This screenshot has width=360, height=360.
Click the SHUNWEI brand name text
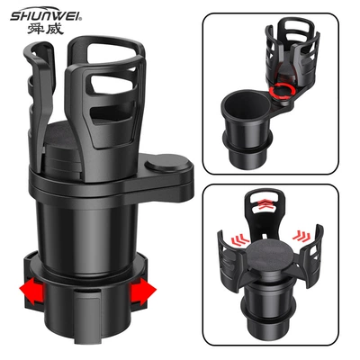46,16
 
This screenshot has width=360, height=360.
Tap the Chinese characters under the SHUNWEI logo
46,29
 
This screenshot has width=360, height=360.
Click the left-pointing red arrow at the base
31,291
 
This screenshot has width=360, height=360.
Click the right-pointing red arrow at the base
143,290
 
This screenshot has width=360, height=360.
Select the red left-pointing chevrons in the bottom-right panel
240,239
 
